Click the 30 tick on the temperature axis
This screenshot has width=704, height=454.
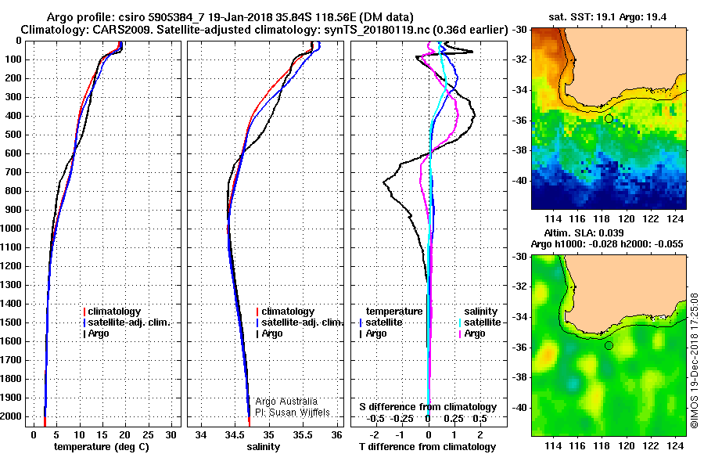point(171,435)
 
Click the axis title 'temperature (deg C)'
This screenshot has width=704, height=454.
point(102,447)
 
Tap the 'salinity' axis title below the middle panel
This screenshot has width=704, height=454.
point(264,447)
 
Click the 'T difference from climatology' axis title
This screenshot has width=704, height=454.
point(427,447)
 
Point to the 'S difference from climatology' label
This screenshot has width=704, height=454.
point(428,407)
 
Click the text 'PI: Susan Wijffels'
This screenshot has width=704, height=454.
point(293,413)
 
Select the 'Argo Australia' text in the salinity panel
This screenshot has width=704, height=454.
point(286,402)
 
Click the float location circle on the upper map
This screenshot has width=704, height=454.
point(609,119)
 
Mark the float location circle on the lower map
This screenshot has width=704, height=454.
point(609,346)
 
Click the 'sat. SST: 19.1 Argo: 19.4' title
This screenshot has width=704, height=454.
point(608,17)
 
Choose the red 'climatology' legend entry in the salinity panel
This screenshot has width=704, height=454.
point(286,312)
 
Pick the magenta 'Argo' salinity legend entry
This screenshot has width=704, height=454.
point(472,333)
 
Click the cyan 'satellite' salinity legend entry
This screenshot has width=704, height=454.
point(480,322)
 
